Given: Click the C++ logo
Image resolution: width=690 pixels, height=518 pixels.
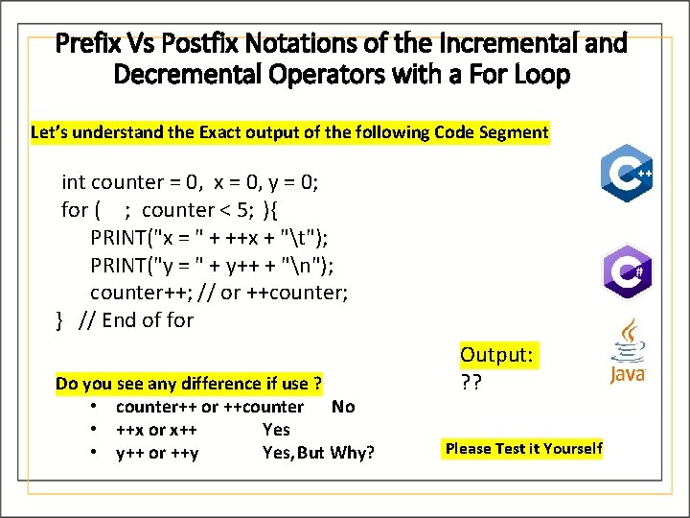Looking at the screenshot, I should (627, 174).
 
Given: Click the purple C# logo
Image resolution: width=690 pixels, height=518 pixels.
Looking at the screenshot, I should (627, 271).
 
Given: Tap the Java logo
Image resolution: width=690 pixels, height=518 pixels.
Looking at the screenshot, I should (628, 352).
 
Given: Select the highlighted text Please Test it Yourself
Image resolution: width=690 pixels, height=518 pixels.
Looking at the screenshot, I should (523, 448).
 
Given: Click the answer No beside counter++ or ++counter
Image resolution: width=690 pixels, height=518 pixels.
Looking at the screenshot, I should (342, 407).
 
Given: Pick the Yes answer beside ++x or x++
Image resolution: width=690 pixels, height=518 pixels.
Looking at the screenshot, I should (276, 430).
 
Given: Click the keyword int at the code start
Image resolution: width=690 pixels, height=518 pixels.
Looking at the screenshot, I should (74, 182).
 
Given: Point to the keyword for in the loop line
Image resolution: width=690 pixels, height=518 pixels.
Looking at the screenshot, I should (74, 209).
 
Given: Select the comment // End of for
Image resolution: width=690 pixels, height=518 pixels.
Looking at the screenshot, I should (135, 320).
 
